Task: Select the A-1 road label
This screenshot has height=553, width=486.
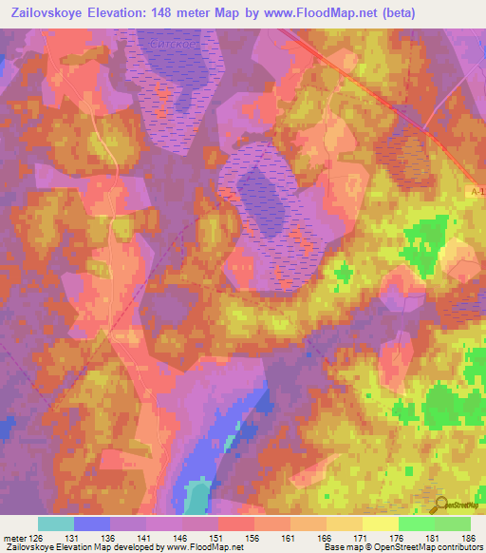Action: (477, 192)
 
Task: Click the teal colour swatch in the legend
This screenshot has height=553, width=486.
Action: (55, 524)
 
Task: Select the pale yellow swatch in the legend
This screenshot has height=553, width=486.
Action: (380, 524)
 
